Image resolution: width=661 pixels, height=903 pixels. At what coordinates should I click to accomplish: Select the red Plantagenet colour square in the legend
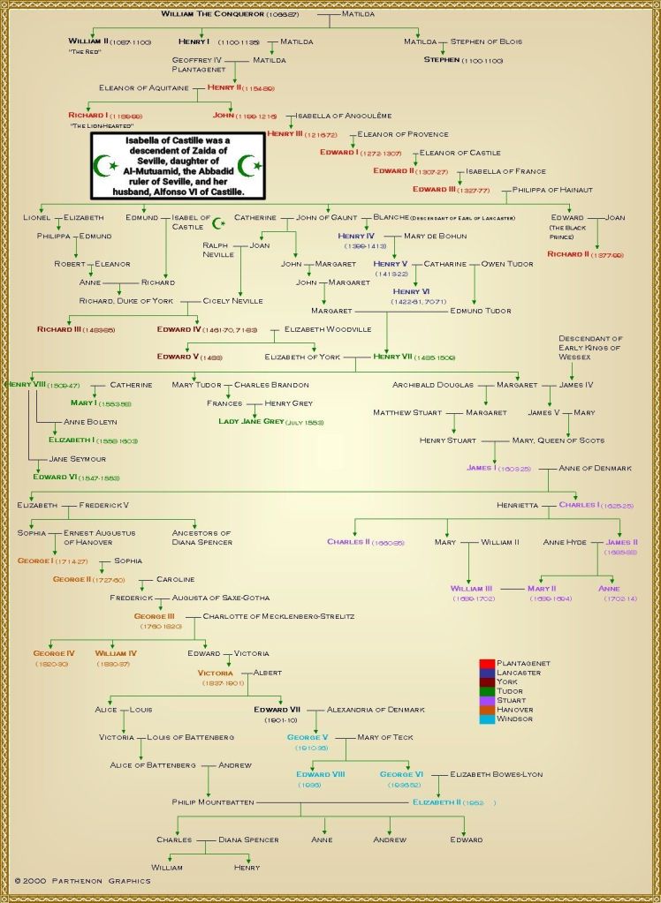pos(485,663)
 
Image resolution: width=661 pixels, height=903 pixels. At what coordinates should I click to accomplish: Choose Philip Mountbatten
pos(213,802)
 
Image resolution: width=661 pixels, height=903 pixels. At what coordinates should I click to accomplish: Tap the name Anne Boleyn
pos(91,422)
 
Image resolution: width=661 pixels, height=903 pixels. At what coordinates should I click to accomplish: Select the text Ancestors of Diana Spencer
pos(201,538)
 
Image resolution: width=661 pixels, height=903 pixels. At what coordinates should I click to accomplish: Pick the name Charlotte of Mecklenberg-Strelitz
pos(278,615)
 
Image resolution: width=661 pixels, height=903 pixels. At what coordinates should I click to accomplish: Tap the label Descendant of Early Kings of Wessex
pos(590,348)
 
